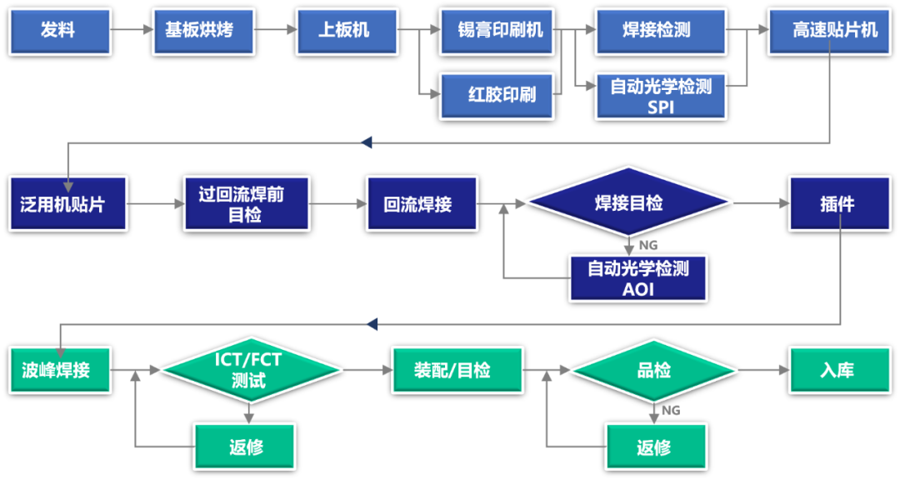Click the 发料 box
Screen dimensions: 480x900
coord(59,31)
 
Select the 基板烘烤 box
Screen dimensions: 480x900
coord(202,31)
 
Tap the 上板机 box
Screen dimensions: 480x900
coord(347,31)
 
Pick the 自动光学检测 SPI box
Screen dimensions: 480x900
coord(660,96)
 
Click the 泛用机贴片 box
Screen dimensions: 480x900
coord(67,203)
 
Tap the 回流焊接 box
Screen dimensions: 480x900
coord(422,203)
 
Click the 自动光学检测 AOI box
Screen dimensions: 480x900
coord(637,278)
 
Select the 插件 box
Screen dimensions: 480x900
coord(837,203)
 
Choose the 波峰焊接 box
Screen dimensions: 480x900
coord(59,370)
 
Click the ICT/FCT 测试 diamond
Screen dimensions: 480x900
coord(251,370)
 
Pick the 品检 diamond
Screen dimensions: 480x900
coord(653,370)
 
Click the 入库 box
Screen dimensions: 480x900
coord(837,370)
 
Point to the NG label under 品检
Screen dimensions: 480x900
coord(671,411)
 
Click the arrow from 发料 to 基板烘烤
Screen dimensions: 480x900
coord(132,31)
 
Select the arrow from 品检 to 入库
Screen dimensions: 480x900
coord(763,370)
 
